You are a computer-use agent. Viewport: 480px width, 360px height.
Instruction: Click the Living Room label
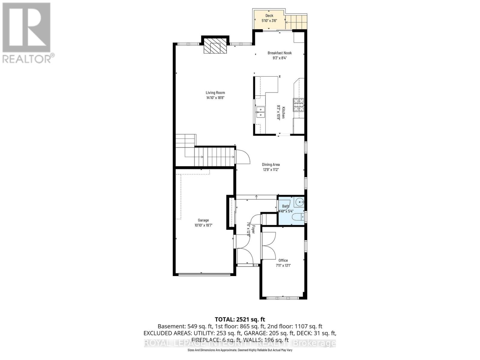click(215, 93)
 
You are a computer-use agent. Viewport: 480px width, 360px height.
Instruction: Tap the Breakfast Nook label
click(280, 53)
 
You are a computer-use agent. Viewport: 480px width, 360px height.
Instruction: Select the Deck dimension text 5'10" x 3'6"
click(269, 21)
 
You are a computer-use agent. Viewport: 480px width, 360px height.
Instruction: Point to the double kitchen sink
click(260, 112)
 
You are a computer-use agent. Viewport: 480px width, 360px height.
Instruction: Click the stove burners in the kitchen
click(298, 105)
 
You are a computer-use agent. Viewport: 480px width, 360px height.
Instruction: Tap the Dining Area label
click(271, 164)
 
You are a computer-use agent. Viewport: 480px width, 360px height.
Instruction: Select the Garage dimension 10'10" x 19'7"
click(203, 225)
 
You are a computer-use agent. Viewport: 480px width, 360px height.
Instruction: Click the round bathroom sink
click(300, 202)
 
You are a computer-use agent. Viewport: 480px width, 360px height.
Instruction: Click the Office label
click(283, 260)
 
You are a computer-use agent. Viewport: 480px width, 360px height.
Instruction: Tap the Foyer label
click(253, 229)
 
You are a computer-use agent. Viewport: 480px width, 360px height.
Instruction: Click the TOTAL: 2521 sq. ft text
click(240, 319)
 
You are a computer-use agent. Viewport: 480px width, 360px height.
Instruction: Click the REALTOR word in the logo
click(27, 59)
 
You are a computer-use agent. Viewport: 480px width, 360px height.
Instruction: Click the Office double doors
click(268, 246)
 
